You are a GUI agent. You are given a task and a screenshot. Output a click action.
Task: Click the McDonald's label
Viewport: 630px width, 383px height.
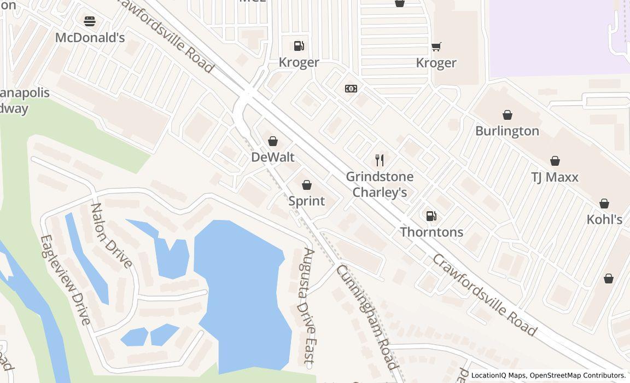click(x=90, y=38)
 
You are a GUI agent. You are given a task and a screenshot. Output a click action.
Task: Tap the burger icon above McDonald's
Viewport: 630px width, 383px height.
click(x=90, y=21)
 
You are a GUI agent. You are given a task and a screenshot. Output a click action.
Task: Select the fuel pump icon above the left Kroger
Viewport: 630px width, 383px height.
click(x=299, y=46)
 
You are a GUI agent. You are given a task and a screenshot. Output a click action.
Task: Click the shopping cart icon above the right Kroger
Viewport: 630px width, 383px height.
click(x=436, y=47)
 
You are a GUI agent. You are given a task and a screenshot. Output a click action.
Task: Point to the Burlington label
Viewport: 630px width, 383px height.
click(x=507, y=131)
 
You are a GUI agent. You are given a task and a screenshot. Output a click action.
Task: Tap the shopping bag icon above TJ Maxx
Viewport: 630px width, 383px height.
click(x=555, y=161)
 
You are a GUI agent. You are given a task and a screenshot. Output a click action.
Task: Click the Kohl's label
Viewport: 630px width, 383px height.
click(x=604, y=219)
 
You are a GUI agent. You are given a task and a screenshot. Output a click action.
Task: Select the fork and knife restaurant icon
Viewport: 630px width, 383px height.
click(x=380, y=160)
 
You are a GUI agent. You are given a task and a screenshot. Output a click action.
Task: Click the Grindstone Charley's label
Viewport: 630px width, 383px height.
click(x=380, y=184)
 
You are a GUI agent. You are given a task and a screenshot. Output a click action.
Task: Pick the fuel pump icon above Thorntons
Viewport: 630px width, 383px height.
click(x=431, y=216)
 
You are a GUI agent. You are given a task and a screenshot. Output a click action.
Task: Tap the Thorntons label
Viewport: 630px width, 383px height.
click(x=431, y=232)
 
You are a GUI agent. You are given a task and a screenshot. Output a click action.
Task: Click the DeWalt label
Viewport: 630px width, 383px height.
click(x=272, y=157)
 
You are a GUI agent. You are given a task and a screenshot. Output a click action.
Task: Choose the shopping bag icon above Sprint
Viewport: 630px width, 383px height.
click(x=307, y=185)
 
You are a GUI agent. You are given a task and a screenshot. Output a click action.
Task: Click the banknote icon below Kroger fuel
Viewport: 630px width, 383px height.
click(x=351, y=88)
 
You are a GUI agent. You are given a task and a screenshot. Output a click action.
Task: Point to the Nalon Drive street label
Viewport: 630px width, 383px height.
click(x=111, y=235)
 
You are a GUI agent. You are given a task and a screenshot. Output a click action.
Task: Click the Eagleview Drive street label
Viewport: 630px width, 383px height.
click(x=66, y=280)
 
